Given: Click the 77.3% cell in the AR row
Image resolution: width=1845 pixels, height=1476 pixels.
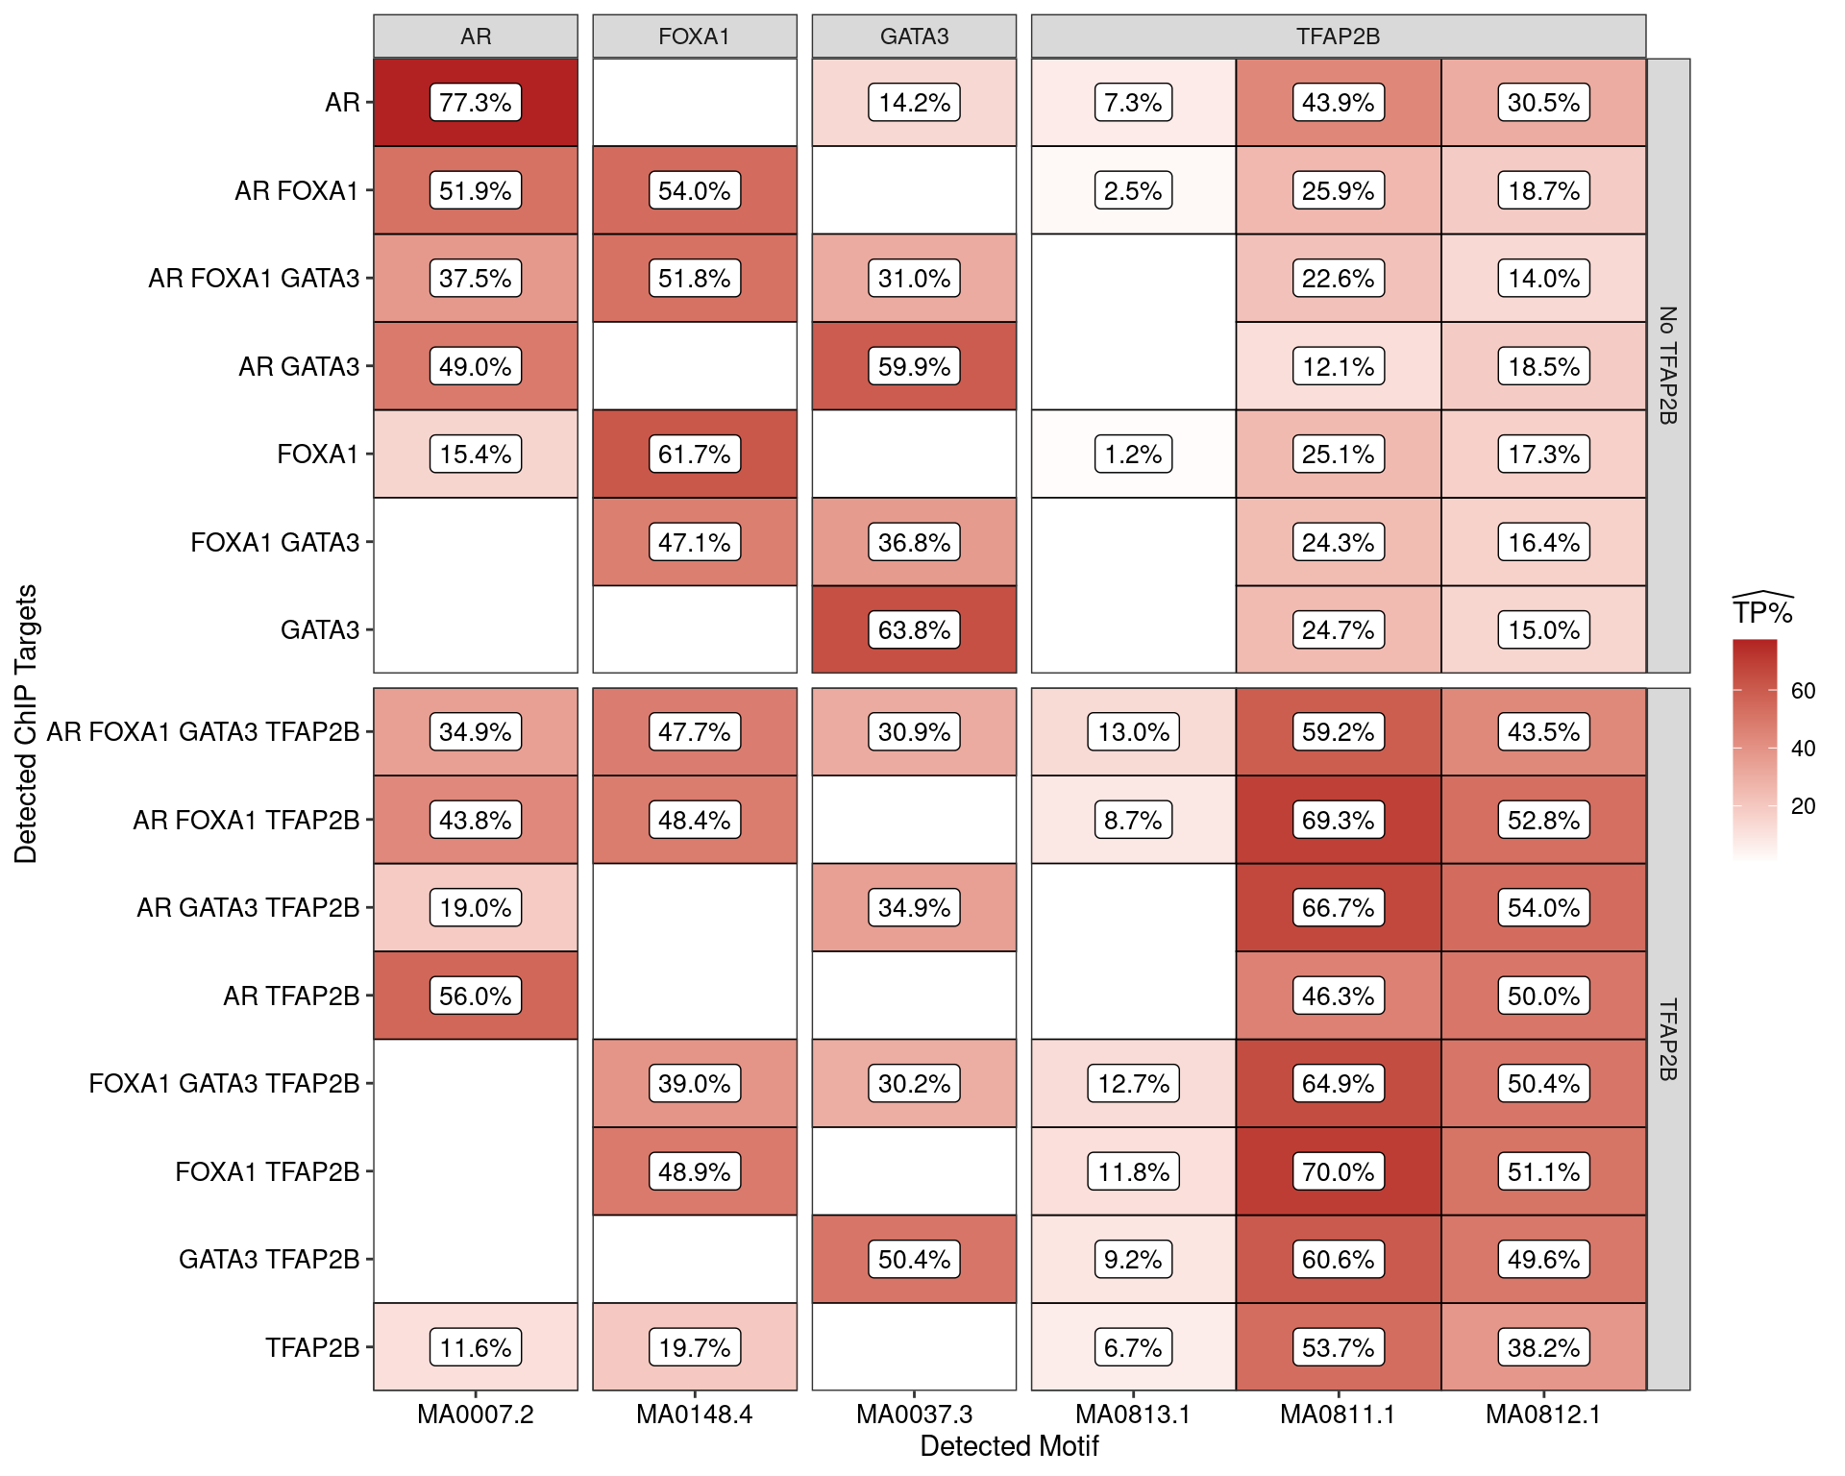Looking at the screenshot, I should pos(476,103).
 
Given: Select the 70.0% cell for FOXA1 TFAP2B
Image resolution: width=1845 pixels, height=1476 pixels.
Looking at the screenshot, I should pos(1338,1171).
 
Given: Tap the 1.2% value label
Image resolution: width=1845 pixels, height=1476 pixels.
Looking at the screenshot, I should pos(1133,455).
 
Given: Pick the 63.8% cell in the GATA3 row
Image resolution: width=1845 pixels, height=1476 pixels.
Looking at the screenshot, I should pos(914,630).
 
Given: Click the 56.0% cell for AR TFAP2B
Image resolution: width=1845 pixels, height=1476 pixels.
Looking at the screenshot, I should pos(476,996).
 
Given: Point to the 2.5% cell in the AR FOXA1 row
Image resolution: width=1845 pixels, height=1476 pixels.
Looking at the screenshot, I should pos(1133,190).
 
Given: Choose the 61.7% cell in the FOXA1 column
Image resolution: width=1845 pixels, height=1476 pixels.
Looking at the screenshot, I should pos(695,455).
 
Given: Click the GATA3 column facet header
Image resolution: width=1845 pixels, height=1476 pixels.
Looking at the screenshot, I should pos(914,37).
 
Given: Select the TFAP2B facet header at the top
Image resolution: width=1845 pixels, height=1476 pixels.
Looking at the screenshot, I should pos(1338,37).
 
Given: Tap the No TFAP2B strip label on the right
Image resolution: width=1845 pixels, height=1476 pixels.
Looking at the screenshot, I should pos(1668,365).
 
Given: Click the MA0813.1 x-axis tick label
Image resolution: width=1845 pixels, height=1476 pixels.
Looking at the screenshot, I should pos(1133,1414).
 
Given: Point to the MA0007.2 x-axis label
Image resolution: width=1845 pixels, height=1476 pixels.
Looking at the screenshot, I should pos(476,1414).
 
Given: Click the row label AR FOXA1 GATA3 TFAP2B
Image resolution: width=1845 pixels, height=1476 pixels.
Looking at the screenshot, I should pos(203,732).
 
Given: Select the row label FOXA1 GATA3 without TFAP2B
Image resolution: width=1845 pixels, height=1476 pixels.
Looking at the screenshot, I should pos(275,543).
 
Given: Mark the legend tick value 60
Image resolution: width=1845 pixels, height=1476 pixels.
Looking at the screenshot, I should pos(1803,691).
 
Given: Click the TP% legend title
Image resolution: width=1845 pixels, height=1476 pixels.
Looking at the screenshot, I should pos(1762,611).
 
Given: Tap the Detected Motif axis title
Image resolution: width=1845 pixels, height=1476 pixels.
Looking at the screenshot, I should pos(1009,1446).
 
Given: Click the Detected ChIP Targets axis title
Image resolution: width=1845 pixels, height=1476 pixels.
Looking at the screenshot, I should pos(26,724).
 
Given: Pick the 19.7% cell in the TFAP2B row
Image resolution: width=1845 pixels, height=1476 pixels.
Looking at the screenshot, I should pos(695,1347).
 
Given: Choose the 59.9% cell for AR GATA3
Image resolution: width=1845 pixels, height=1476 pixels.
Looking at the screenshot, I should pos(914,366).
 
